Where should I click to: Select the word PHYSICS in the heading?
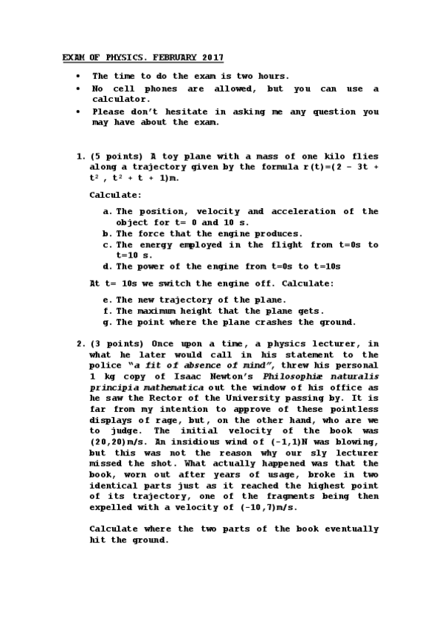(120, 57)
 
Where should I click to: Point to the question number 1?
(81, 156)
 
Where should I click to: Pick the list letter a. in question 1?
(108, 211)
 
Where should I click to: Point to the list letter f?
(108, 311)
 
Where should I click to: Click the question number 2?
(81, 343)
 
